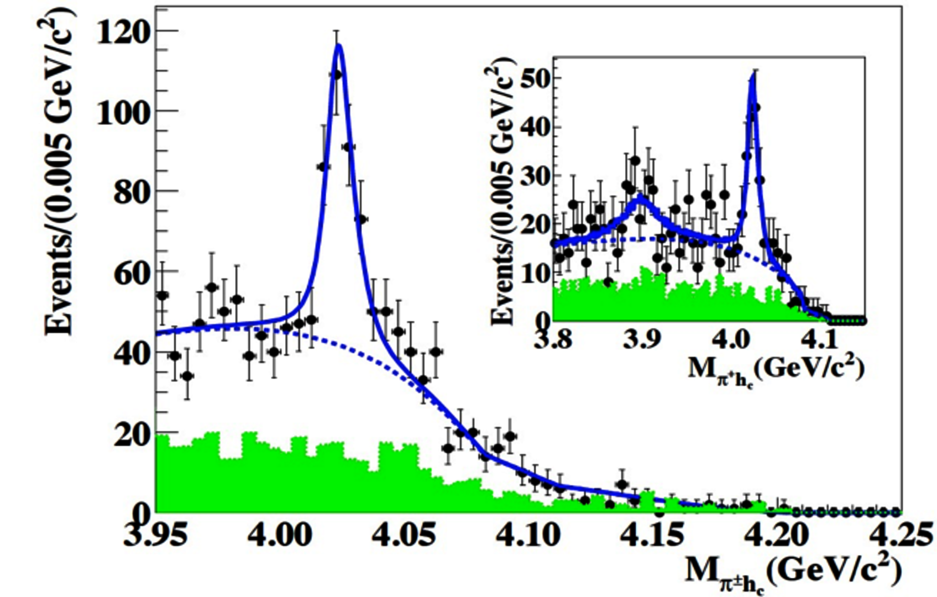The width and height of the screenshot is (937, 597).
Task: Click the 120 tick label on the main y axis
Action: (123, 32)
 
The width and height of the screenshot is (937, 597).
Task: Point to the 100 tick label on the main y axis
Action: (123, 112)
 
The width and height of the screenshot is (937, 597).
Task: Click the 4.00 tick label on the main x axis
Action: (280, 533)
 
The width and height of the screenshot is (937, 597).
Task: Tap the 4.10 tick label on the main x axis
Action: (528, 533)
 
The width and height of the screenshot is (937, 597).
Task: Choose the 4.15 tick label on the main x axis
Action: (652, 533)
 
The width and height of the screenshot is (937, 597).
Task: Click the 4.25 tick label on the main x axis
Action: (900, 533)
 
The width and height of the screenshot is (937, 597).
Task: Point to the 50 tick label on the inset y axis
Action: (536, 79)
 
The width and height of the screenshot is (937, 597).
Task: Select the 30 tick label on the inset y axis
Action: (536, 176)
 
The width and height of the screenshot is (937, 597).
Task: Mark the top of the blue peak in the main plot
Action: (338, 45)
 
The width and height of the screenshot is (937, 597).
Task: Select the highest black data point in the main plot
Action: (336, 74)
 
